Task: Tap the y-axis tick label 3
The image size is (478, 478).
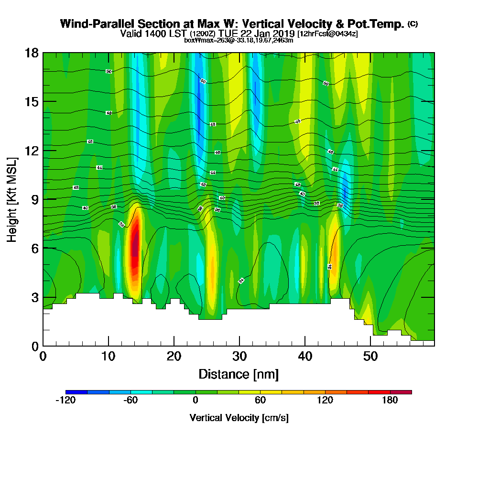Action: pos(34,297)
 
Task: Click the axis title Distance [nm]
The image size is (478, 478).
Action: pos(239,373)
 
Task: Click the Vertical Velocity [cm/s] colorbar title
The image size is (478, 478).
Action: pos(239,418)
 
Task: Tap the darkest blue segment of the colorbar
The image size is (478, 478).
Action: pos(76,392)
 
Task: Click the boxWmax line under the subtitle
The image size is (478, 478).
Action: pos(239,40)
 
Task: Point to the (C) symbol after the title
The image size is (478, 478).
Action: pos(413,23)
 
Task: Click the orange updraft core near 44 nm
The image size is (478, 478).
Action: pos(334,253)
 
